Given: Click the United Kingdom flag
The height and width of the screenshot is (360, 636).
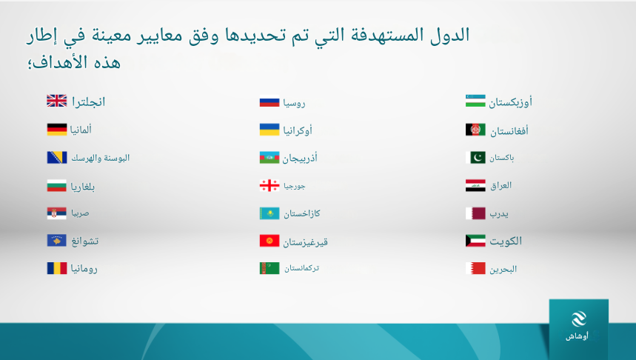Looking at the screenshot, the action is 57,101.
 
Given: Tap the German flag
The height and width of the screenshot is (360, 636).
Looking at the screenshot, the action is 57,130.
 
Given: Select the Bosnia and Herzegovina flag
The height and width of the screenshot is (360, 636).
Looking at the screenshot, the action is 57,158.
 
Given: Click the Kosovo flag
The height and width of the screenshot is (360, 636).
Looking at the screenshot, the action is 57,240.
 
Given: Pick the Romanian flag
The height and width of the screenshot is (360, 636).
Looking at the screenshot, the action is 57,268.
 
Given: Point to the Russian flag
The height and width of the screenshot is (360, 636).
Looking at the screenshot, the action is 270,101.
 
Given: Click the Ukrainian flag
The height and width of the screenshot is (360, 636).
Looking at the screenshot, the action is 270,130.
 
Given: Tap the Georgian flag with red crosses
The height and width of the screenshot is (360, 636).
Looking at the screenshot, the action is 270,185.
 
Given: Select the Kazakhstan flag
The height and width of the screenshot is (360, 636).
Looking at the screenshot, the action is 270,213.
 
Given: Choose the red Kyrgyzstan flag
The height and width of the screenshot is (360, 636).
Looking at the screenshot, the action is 270,241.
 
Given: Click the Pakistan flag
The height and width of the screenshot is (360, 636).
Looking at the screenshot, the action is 476,158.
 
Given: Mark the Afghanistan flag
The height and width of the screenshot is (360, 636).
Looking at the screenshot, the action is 476,130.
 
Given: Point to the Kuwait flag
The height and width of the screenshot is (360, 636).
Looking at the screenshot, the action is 476,241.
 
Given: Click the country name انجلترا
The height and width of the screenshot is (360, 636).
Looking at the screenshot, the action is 88,101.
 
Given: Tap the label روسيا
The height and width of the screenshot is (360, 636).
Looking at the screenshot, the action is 294,103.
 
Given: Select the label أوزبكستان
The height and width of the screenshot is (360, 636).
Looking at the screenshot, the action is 510,102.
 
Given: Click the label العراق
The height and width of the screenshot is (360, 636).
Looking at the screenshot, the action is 501,185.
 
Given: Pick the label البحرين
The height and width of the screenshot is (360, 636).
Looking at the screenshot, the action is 503,269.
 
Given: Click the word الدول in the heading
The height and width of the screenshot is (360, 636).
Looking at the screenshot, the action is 450,35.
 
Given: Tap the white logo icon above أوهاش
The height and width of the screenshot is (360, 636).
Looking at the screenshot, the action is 579,319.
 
